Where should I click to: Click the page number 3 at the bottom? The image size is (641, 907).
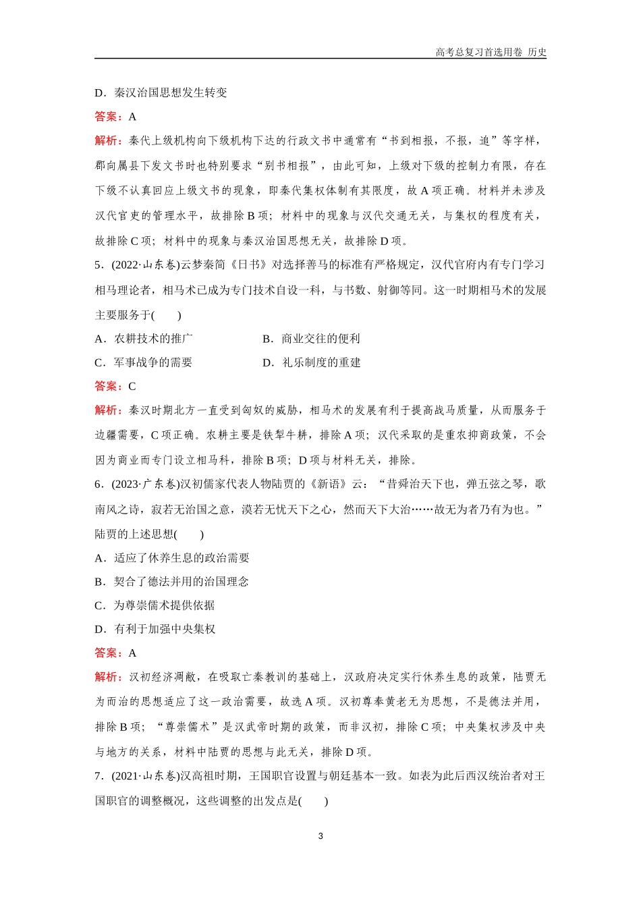(320, 836)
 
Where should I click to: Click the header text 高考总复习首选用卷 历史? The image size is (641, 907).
(491, 52)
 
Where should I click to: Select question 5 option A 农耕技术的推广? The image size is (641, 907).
(144, 339)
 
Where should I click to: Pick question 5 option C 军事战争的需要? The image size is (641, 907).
(144, 362)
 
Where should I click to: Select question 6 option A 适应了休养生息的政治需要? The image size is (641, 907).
(172, 558)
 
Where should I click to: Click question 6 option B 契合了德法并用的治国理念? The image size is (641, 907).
(172, 582)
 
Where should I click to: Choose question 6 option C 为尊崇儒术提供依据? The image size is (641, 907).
(155, 605)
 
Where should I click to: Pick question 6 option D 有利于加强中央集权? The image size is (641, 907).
(155, 629)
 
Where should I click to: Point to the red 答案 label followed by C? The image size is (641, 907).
(108, 387)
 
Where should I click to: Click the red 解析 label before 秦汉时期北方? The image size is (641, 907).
(108, 410)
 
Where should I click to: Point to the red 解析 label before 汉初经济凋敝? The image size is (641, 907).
(108, 677)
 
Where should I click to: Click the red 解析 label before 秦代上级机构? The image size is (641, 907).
(108, 141)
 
